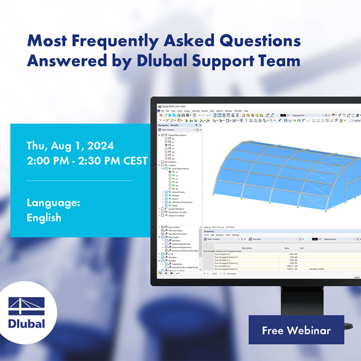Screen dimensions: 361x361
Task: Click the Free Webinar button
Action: (x=296, y=330)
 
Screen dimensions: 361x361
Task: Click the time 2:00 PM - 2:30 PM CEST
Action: (x=87, y=161)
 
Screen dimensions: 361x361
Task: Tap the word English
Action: (x=44, y=217)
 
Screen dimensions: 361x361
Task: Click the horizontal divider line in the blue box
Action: (x=80, y=181)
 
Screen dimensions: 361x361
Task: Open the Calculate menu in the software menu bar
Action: (x=196, y=111)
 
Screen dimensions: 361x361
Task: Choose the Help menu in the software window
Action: (x=245, y=111)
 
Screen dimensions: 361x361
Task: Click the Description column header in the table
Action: (x=247, y=248)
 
